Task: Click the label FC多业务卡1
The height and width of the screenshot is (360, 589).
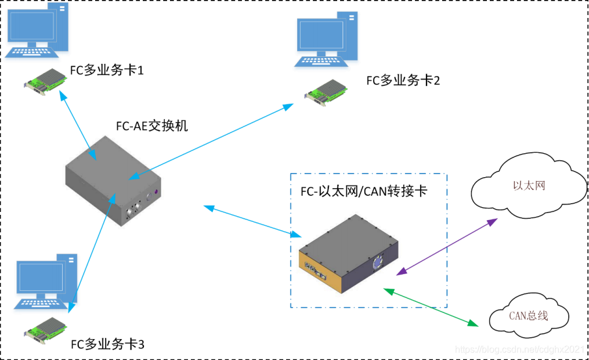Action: click(x=106, y=70)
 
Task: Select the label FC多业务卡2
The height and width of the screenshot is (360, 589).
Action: click(x=403, y=81)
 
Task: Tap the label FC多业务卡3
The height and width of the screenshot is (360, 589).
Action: click(x=107, y=344)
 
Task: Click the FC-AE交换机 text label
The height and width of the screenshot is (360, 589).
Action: click(x=152, y=125)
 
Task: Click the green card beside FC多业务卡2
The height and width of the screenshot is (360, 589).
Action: click(x=327, y=91)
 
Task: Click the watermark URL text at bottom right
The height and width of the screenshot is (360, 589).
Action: click(x=519, y=349)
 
